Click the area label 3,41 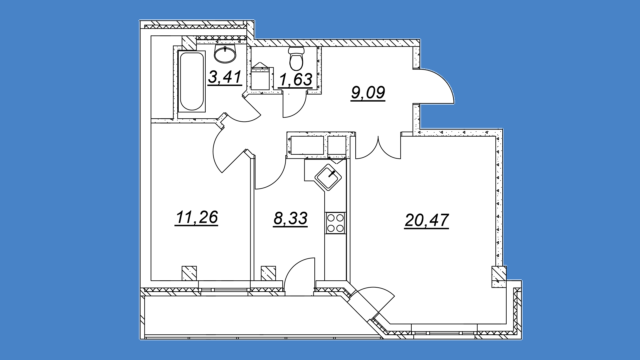225,77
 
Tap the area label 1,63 295,80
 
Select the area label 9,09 368,93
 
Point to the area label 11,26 196,217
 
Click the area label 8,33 290,219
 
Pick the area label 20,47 427,220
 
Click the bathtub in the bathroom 191,81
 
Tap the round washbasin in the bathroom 225,54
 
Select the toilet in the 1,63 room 296,59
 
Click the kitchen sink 328,177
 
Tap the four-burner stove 335,223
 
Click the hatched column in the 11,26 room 189,273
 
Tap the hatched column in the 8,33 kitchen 268,273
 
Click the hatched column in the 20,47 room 499,277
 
